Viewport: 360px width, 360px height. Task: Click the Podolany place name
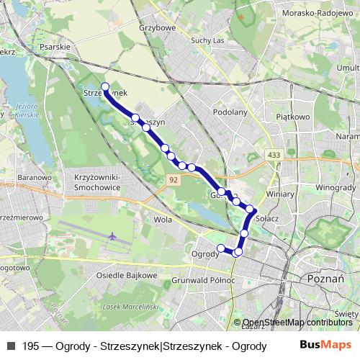click(230, 112)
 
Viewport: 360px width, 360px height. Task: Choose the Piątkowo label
click(296, 114)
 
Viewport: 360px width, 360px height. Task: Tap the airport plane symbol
click(113, 236)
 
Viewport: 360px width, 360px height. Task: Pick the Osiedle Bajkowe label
click(127, 275)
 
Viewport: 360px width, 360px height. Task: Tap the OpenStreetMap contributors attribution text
click(297, 323)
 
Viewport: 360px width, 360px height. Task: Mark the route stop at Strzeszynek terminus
click(106, 87)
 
